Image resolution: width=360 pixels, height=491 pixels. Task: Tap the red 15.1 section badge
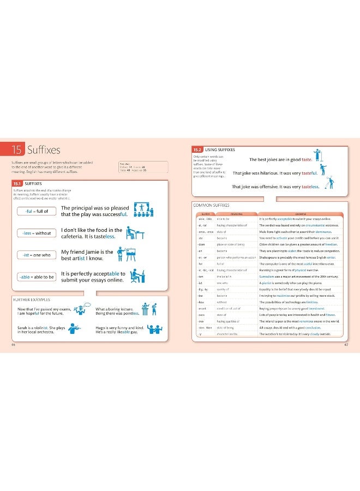coord(18,183)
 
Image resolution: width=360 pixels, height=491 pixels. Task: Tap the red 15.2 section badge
coord(197,149)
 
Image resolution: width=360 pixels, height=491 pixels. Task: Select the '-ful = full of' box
coord(36,211)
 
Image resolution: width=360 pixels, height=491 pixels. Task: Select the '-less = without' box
coord(36,233)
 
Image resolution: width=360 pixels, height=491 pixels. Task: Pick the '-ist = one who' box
coord(36,255)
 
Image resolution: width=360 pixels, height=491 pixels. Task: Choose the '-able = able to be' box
coord(36,277)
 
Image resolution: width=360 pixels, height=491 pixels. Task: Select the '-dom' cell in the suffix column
coord(201,245)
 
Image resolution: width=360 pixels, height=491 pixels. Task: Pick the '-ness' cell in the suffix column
coord(201,315)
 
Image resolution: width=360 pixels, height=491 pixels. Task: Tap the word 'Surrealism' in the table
coord(268,277)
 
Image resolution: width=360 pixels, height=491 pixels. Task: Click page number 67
coord(346,344)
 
